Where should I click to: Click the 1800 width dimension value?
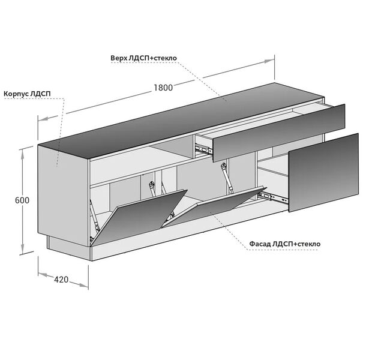pyautogui.click(x=163, y=88)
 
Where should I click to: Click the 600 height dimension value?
pyautogui.click(x=22, y=200)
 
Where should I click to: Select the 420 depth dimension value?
pyautogui.click(x=61, y=280)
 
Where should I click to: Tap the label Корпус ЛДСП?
pyautogui.click(x=27, y=94)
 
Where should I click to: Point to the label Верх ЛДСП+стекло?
pyautogui.click(x=143, y=58)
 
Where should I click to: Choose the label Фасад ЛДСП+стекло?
pyautogui.click(x=285, y=244)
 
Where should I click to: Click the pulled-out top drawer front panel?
pyautogui.click(x=279, y=133)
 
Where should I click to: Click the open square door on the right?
pyautogui.click(x=323, y=173)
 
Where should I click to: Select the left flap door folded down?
pyautogui.click(x=139, y=217)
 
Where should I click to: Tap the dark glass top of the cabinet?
pyautogui.click(x=181, y=121)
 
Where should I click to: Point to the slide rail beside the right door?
pyautogui.click(x=272, y=197)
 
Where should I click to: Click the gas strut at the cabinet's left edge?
pyautogui.click(x=94, y=215)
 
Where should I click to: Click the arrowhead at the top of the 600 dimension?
pyautogui.click(x=23, y=154)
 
